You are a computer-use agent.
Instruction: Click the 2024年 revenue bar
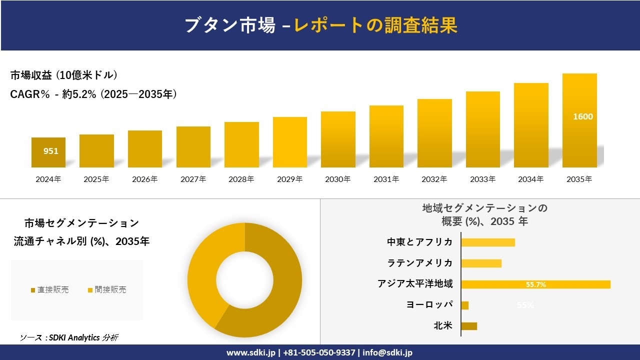[48, 152]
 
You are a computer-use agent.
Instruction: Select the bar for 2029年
[290, 142]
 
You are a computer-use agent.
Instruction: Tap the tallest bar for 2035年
[579, 120]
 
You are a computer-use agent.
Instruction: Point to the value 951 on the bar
[51, 151]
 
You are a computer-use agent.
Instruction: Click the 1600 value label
[582, 116]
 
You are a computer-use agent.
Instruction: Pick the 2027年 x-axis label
[193, 179]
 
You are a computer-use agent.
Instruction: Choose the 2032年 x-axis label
[434, 179]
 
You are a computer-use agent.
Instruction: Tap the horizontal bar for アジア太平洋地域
[535, 284]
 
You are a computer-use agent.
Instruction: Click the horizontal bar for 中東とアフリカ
[488, 242]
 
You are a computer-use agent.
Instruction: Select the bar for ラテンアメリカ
[481, 263]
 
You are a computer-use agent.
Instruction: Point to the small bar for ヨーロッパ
[465, 305]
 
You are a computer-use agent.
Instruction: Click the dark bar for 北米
[469, 326]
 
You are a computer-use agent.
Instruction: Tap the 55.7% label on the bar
[535, 284]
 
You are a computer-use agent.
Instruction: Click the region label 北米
[443, 326]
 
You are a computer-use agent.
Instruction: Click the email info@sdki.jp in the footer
[388, 352]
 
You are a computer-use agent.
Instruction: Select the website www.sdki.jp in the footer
[250, 352]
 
